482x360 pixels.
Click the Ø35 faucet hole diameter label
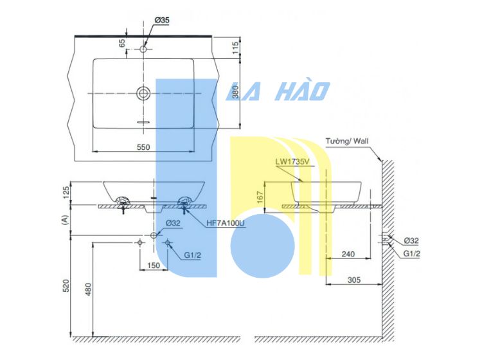[162, 21]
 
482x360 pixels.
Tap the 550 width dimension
[143, 147]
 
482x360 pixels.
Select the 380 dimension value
[235, 92]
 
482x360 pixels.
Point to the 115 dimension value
[235, 48]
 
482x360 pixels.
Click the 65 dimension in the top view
[122, 43]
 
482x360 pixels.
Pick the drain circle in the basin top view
[143, 93]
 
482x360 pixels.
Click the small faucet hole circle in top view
[143, 49]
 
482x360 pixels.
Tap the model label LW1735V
[292, 162]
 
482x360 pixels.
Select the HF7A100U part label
[226, 223]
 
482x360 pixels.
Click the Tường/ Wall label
[347, 141]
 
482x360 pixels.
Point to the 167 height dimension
[260, 197]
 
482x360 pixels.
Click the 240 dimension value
[348, 254]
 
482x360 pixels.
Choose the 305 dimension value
[354, 280]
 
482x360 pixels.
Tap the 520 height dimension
[66, 285]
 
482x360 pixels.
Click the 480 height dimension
[88, 289]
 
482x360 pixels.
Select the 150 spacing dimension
[154, 265]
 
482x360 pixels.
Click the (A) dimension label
[64, 220]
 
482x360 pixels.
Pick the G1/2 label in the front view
[192, 255]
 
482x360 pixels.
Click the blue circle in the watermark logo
[262, 246]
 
